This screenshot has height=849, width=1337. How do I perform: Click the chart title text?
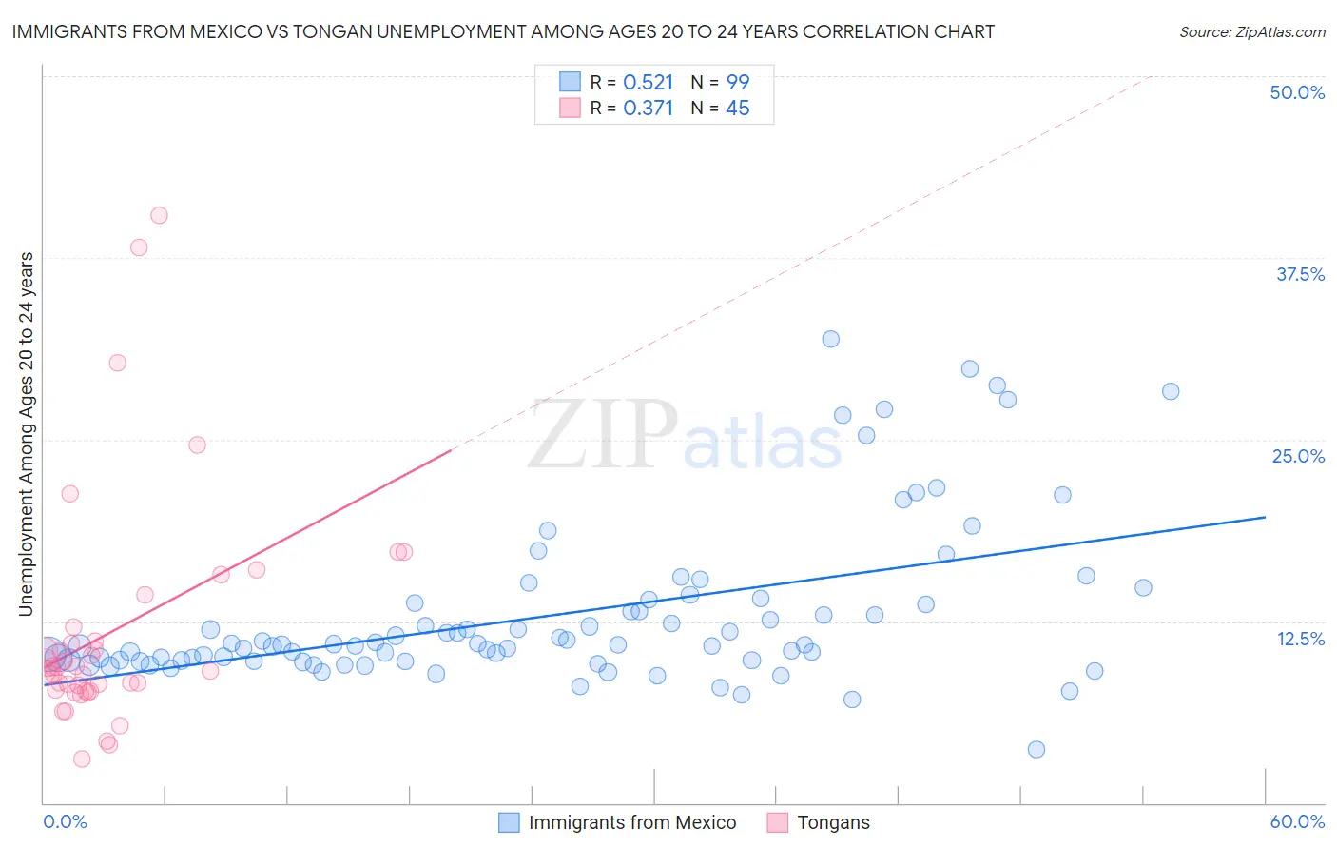point(503,31)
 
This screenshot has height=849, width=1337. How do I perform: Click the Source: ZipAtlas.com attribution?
point(1251,31)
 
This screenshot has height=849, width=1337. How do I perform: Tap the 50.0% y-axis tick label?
point(1297,92)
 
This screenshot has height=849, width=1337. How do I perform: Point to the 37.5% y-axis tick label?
point(1300,274)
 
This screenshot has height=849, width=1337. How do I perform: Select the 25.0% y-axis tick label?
point(1298,456)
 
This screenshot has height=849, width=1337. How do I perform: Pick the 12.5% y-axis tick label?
point(1300,639)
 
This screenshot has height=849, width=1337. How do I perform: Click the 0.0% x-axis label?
point(65,821)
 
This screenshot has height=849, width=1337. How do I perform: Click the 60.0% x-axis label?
point(1297,821)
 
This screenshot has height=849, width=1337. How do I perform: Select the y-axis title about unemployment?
point(27,434)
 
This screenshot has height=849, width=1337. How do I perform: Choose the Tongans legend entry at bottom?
point(832,822)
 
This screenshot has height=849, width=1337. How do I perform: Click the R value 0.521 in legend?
point(648,82)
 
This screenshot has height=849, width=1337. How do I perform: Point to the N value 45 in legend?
point(737,108)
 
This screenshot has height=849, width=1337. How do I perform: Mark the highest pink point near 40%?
point(159,215)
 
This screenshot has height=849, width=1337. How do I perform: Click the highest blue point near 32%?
point(830,339)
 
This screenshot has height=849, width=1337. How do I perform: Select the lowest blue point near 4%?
point(1037,749)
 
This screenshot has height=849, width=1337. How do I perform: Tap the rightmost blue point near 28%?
point(1171,391)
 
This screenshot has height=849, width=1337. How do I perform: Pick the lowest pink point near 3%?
point(82,759)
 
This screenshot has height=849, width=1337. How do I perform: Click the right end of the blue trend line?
point(1265,517)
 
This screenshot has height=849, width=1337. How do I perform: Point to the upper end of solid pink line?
point(450,450)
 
